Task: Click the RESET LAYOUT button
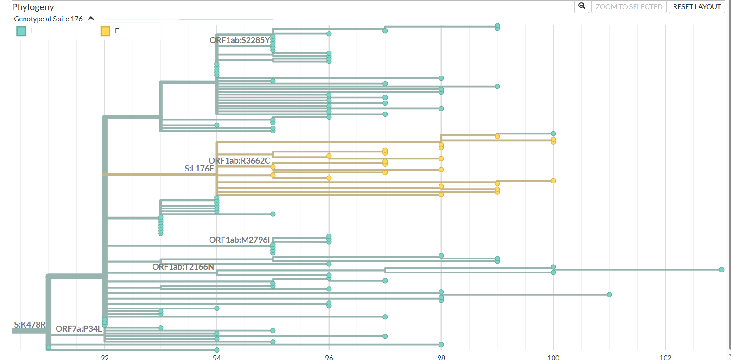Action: tap(696, 7)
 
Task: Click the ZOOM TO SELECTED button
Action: tap(629, 7)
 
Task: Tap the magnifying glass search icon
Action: tap(582, 6)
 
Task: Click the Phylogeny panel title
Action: tap(33, 7)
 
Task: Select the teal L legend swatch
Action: tap(21, 31)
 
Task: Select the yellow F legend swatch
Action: tap(105, 31)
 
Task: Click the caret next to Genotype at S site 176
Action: tap(91, 19)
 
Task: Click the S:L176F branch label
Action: tap(199, 169)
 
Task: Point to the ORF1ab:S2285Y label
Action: tap(239, 40)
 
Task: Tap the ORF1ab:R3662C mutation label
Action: tap(239, 161)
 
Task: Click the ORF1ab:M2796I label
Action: tap(239, 240)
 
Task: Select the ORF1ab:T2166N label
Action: tap(183, 267)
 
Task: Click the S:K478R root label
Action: tap(30, 325)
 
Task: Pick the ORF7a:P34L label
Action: tap(78, 329)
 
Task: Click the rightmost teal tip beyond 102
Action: tap(721, 270)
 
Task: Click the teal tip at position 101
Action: tap(609, 295)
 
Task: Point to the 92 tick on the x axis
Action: tap(105, 357)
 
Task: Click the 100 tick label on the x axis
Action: tap(553, 357)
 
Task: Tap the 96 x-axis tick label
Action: tap(329, 357)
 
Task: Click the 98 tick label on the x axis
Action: tap(441, 357)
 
